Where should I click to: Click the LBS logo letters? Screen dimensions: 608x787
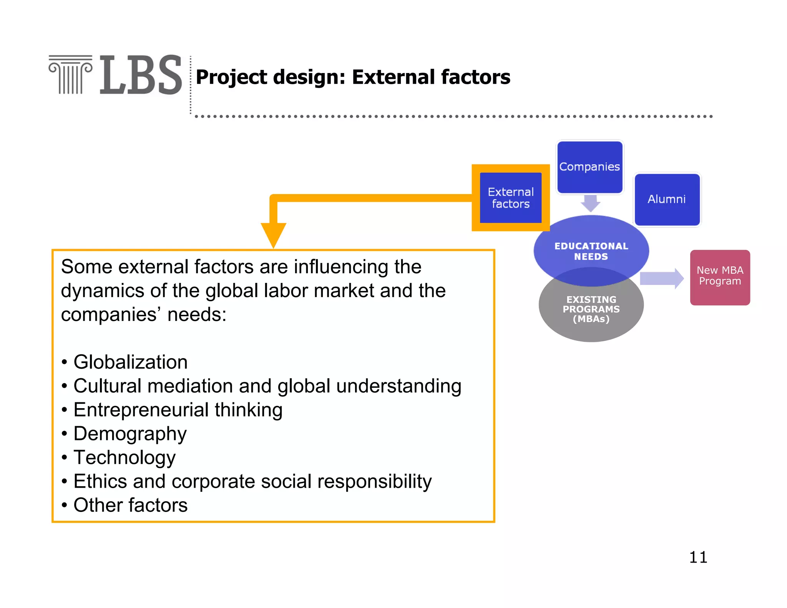tap(141, 75)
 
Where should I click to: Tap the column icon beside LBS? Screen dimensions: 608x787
tap(70, 75)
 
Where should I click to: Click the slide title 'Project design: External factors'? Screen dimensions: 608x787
tap(353, 77)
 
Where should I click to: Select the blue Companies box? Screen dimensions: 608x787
tap(589, 167)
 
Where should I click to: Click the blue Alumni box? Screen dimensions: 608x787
tap(667, 199)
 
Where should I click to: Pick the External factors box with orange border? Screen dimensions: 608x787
tap(511, 198)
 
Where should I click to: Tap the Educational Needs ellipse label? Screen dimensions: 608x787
tap(591, 251)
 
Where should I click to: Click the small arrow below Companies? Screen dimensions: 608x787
tap(590, 203)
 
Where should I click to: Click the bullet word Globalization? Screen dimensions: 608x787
tap(131, 362)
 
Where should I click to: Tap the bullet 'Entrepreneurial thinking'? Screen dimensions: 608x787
tap(178, 410)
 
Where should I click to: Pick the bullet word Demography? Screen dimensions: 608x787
tap(130, 434)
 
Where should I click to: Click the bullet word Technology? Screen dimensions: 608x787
tap(125, 457)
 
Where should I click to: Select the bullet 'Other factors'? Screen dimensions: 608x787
tap(131, 505)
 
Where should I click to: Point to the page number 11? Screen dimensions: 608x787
tap(698, 557)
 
